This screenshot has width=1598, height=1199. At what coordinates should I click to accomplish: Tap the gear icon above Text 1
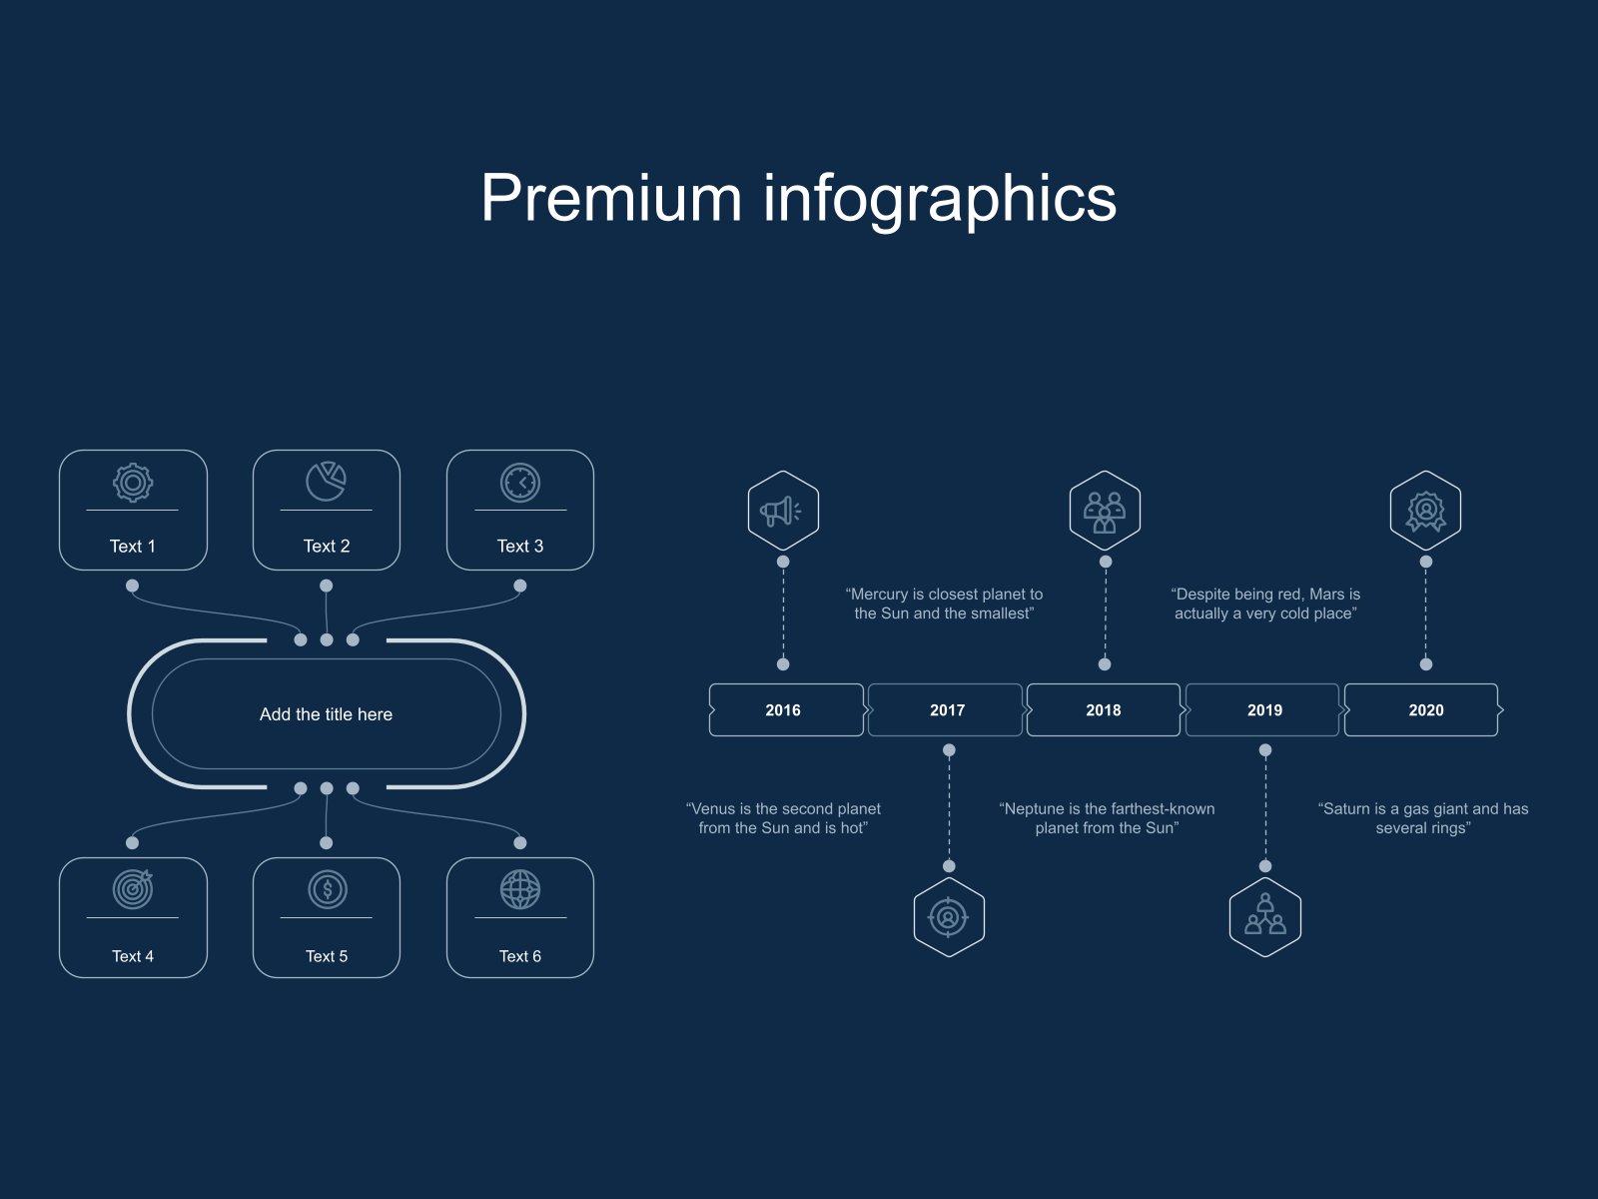[x=133, y=483]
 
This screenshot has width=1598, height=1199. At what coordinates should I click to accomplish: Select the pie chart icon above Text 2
[x=326, y=482]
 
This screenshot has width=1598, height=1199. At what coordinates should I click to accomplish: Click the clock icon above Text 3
[x=520, y=483]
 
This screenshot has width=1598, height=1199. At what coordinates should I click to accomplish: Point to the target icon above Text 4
[x=133, y=889]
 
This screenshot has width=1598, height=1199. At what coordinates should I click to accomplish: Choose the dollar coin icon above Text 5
[x=327, y=889]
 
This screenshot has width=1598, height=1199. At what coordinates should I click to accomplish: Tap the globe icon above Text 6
[x=520, y=889]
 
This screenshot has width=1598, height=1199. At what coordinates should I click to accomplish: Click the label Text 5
[x=327, y=956]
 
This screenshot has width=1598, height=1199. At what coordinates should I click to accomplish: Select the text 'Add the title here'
[x=326, y=714]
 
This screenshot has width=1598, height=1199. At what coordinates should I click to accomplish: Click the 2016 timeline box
[x=784, y=710]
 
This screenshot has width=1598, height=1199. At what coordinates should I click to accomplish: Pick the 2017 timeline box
[x=947, y=710]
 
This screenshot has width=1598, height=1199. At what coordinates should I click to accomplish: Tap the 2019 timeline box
[x=1264, y=710]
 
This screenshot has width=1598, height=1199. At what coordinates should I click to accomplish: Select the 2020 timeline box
[x=1425, y=710]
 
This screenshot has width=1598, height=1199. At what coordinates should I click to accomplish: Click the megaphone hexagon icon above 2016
[x=783, y=511]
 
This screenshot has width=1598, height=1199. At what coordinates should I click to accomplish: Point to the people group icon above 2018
[x=1105, y=511]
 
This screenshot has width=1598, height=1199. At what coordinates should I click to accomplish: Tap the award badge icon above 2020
[x=1425, y=511]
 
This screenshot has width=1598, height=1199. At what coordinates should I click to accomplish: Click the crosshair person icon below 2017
[x=949, y=916]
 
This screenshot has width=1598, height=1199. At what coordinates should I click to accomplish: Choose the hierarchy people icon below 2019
[x=1265, y=916]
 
